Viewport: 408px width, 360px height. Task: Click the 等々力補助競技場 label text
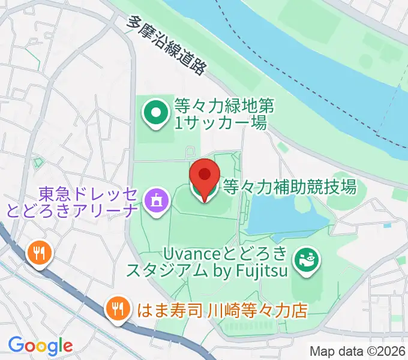click(289, 187)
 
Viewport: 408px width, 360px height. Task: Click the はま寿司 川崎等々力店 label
click(222, 310)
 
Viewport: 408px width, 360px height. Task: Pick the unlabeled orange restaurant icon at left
click(40, 253)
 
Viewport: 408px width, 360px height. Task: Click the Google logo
click(40, 346)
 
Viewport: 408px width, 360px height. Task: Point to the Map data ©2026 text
click(358, 351)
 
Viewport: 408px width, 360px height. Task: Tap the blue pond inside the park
click(282, 213)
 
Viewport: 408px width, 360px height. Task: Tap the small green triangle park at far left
click(38, 162)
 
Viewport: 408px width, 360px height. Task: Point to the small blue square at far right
click(387, 226)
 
